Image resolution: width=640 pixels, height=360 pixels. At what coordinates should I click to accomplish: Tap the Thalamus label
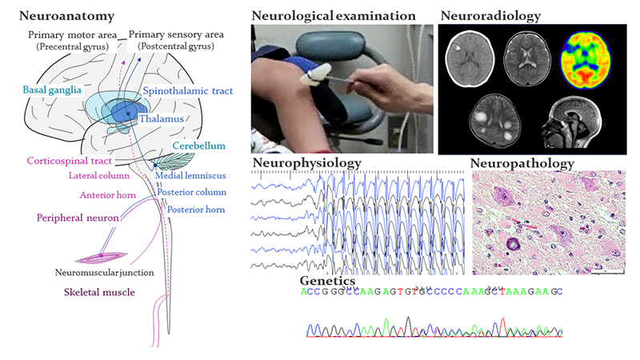[x=161, y=119]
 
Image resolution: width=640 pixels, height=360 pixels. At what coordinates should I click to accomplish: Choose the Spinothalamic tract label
[x=182, y=92]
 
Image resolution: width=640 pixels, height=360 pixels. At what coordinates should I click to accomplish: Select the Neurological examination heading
[x=333, y=15]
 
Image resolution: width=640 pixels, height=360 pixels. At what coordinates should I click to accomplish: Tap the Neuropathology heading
[x=522, y=164]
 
